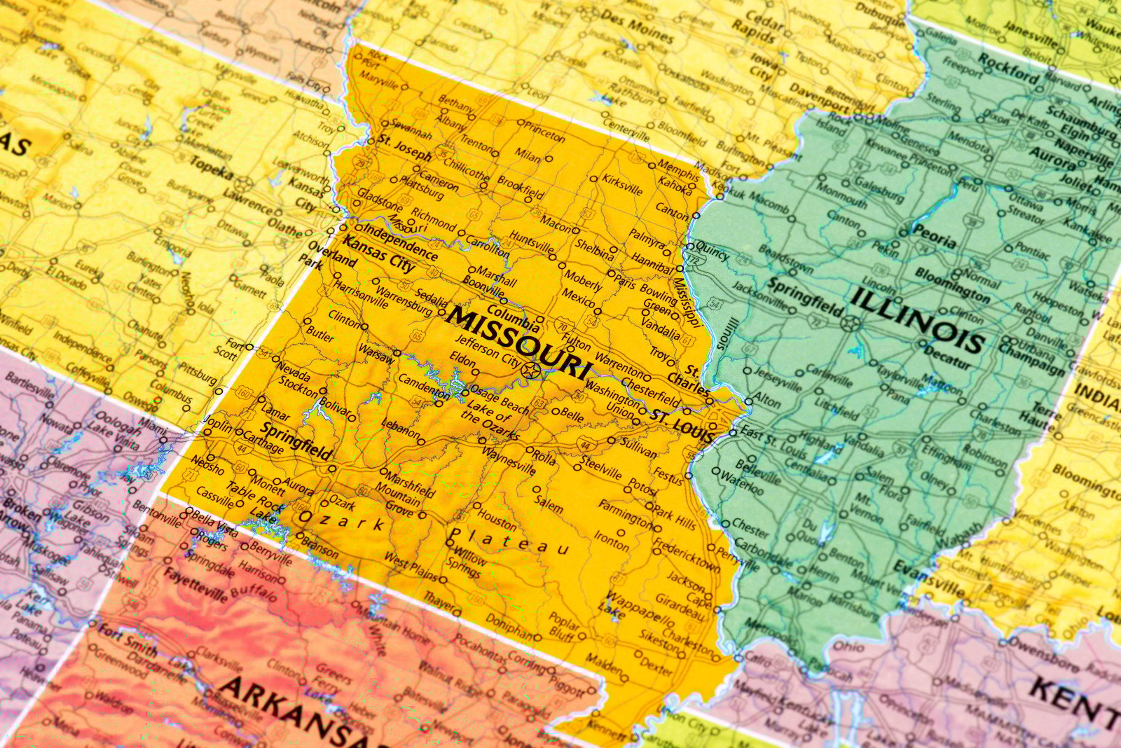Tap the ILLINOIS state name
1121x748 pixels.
(x=918, y=321)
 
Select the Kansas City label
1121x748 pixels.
(x=379, y=254)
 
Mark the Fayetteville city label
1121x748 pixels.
(x=195, y=586)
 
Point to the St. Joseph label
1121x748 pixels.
(x=405, y=148)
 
